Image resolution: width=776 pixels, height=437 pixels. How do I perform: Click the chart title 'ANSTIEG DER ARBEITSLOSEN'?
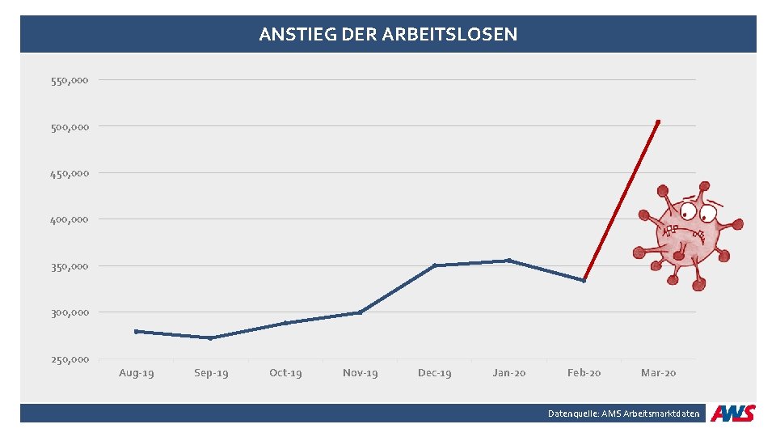pyautogui.click(x=388, y=35)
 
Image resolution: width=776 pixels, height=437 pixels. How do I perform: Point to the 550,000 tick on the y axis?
pyautogui.click(x=70, y=80)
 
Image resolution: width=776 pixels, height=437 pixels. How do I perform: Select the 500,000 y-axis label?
pyautogui.click(x=70, y=126)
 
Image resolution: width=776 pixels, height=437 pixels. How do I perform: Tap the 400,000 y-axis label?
pyautogui.click(x=70, y=219)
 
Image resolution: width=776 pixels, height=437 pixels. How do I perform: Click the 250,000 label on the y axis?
pyautogui.click(x=70, y=359)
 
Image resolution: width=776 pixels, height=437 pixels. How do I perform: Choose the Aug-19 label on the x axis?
pyautogui.click(x=136, y=373)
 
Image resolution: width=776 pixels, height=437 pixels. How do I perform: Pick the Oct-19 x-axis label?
pyautogui.click(x=285, y=373)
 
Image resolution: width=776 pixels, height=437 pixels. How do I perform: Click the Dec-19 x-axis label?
pyautogui.click(x=435, y=373)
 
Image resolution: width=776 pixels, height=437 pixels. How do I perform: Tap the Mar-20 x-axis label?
pyautogui.click(x=658, y=373)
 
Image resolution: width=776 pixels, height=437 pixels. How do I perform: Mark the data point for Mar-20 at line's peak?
pyautogui.click(x=658, y=121)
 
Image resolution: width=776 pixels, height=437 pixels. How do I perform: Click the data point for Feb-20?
pyautogui.click(x=584, y=280)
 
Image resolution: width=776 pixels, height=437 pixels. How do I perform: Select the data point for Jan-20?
pyautogui.click(x=508, y=261)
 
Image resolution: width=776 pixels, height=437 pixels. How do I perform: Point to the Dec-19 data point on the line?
pyautogui.click(x=435, y=265)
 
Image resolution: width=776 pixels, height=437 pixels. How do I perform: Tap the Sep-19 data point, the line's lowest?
pyautogui.click(x=210, y=337)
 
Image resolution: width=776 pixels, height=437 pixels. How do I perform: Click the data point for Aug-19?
pyautogui.click(x=136, y=331)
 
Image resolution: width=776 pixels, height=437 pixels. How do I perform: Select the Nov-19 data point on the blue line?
pyautogui.click(x=360, y=312)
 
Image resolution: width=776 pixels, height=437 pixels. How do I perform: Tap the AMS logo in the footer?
pyautogui.click(x=732, y=414)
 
